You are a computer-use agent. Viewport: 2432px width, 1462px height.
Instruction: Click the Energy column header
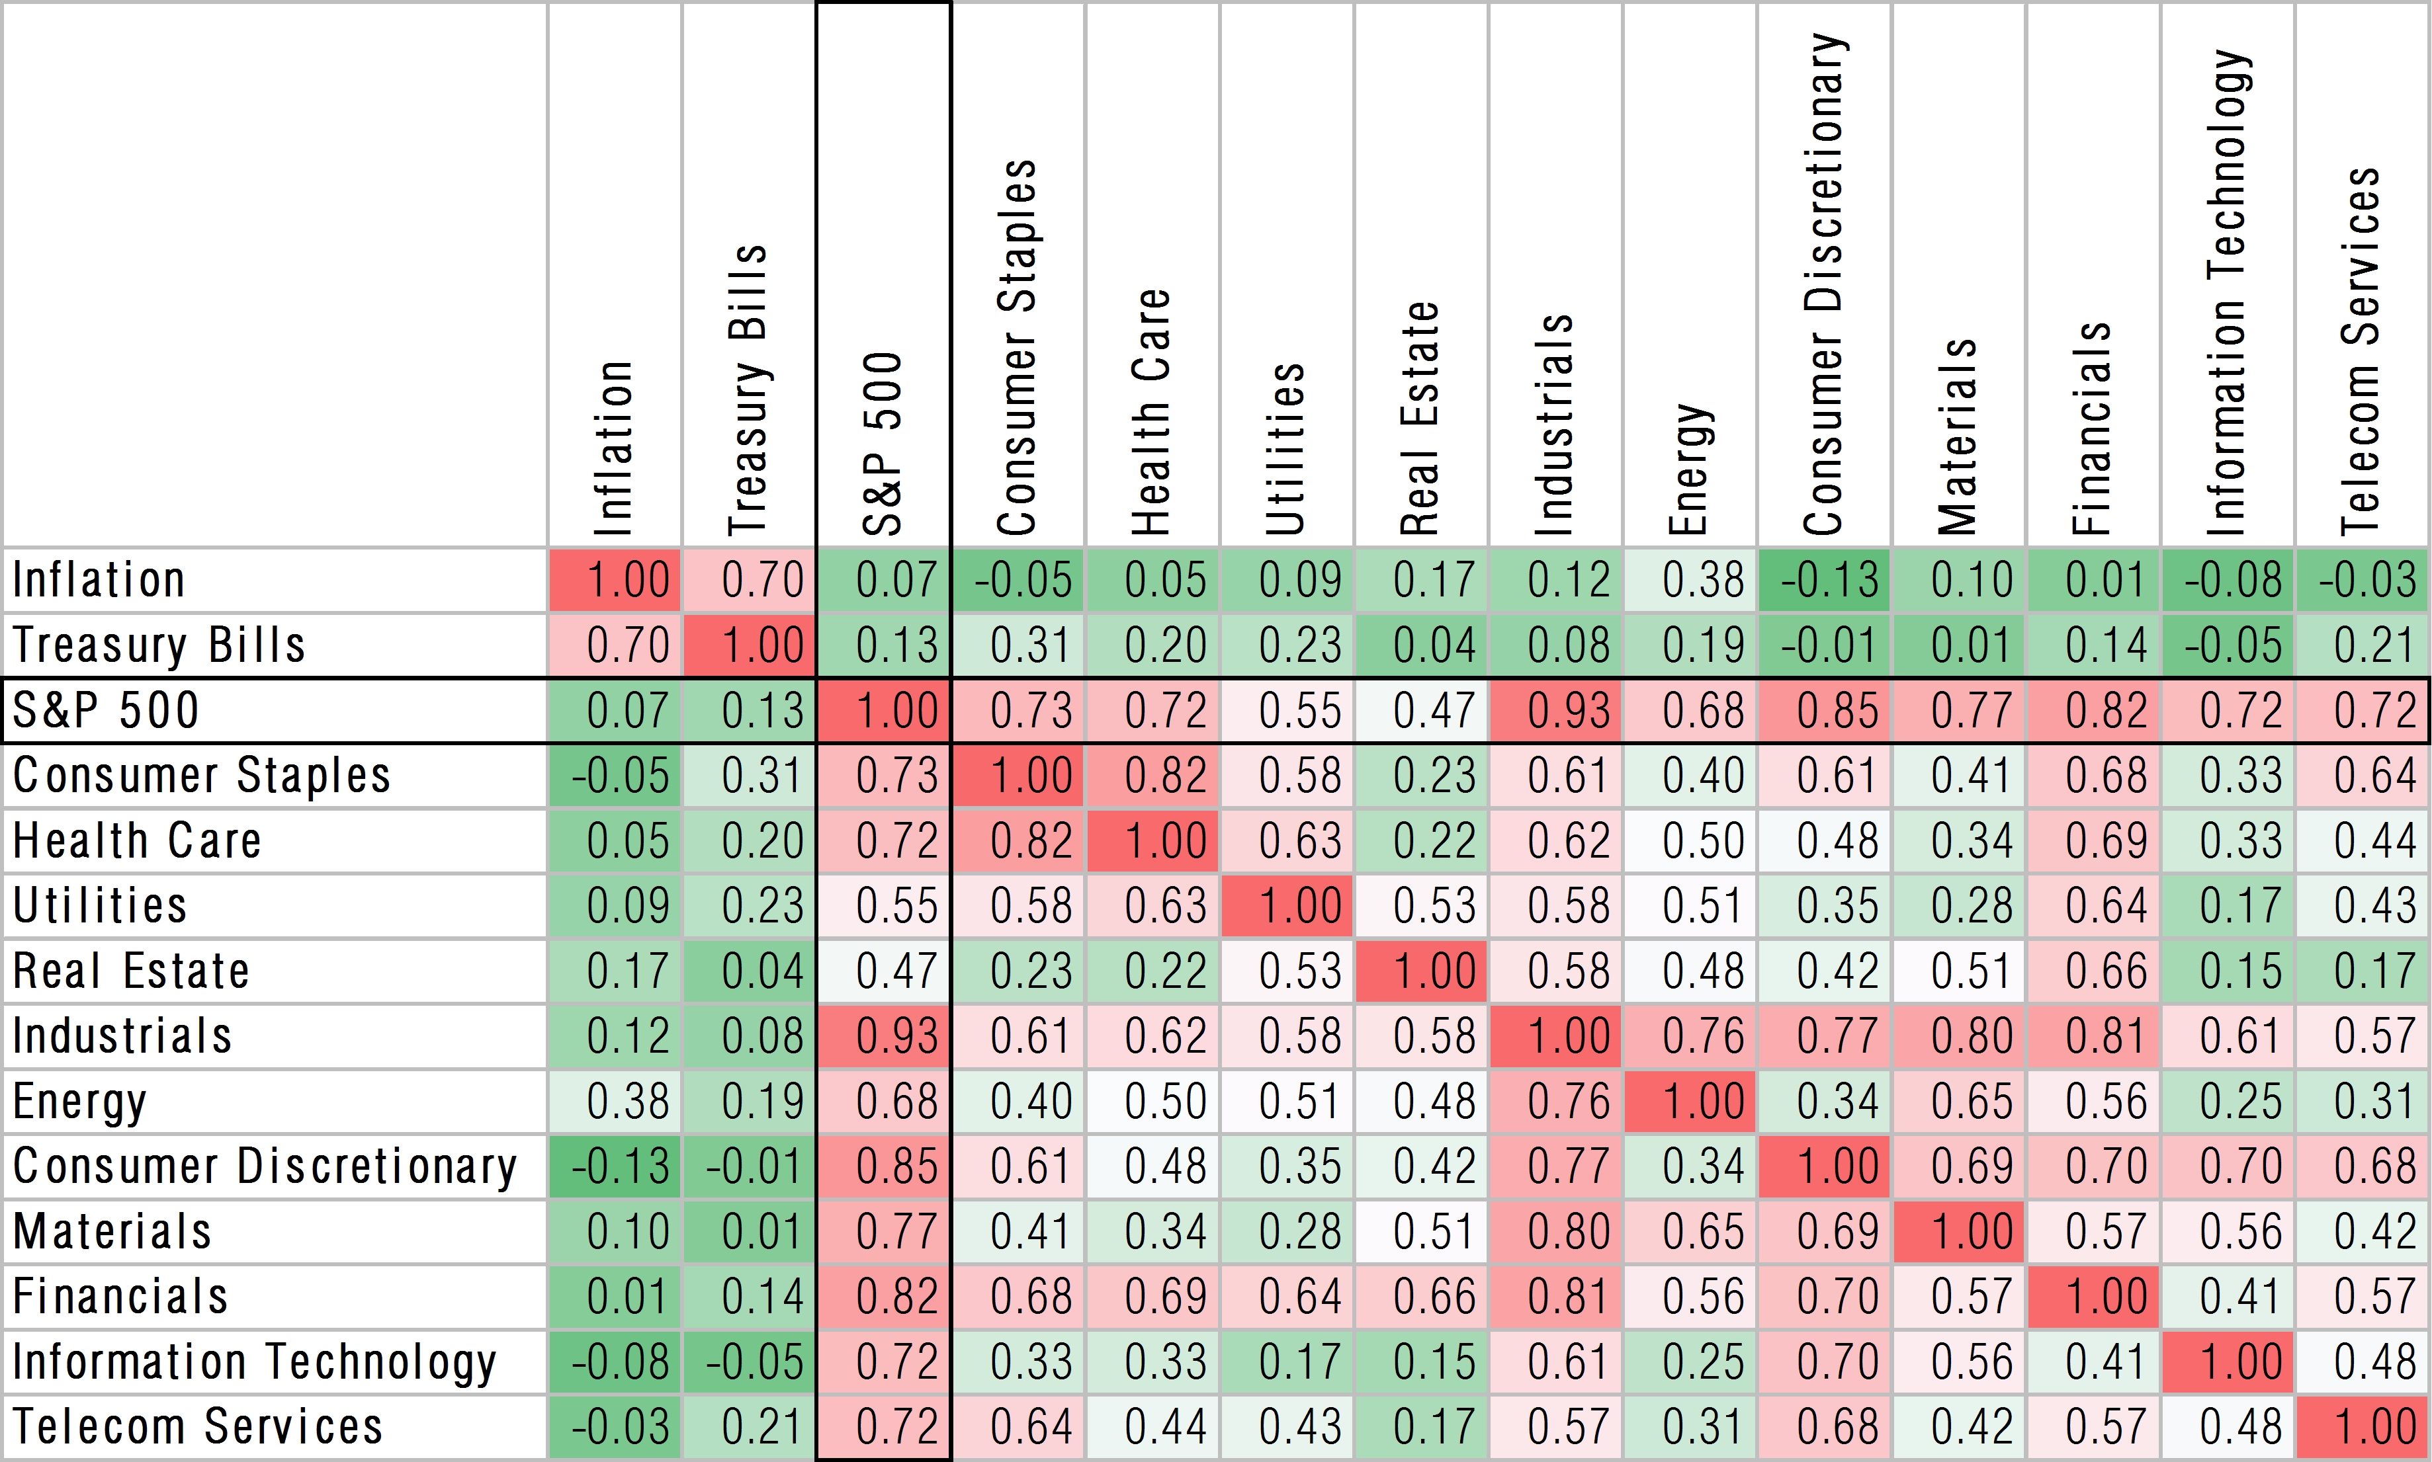(x=1691, y=468)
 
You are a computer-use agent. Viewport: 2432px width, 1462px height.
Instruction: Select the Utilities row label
(x=99, y=905)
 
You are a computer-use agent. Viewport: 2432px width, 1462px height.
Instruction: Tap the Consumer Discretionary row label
(x=264, y=1166)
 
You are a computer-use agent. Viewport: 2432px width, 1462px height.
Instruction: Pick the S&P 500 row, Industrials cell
(x=1556, y=710)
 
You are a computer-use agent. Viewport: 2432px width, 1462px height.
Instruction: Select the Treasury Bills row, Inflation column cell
(x=615, y=645)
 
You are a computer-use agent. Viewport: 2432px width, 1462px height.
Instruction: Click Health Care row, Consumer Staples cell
(x=1018, y=840)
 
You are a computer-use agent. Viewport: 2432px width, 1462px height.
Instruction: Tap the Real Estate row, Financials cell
(x=2093, y=971)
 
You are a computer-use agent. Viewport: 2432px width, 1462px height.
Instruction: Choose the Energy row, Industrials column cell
(x=1556, y=1102)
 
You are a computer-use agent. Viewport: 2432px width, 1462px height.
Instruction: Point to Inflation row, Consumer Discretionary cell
(x=1824, y=579)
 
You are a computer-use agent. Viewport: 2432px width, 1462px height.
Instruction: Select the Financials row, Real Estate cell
(x=1421, y=1297)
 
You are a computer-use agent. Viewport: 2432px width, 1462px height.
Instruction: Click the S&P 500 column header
(x=883, y=443)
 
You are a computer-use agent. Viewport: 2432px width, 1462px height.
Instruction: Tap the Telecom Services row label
(x=197, y=1426)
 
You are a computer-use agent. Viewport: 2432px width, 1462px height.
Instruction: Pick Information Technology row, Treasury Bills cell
(x=749, y=1361)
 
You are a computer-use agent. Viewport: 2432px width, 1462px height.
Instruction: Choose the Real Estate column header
(x=1421, y=419)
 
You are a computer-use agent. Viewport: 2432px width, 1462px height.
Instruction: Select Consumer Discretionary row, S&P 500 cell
(x=883, y=1166)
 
